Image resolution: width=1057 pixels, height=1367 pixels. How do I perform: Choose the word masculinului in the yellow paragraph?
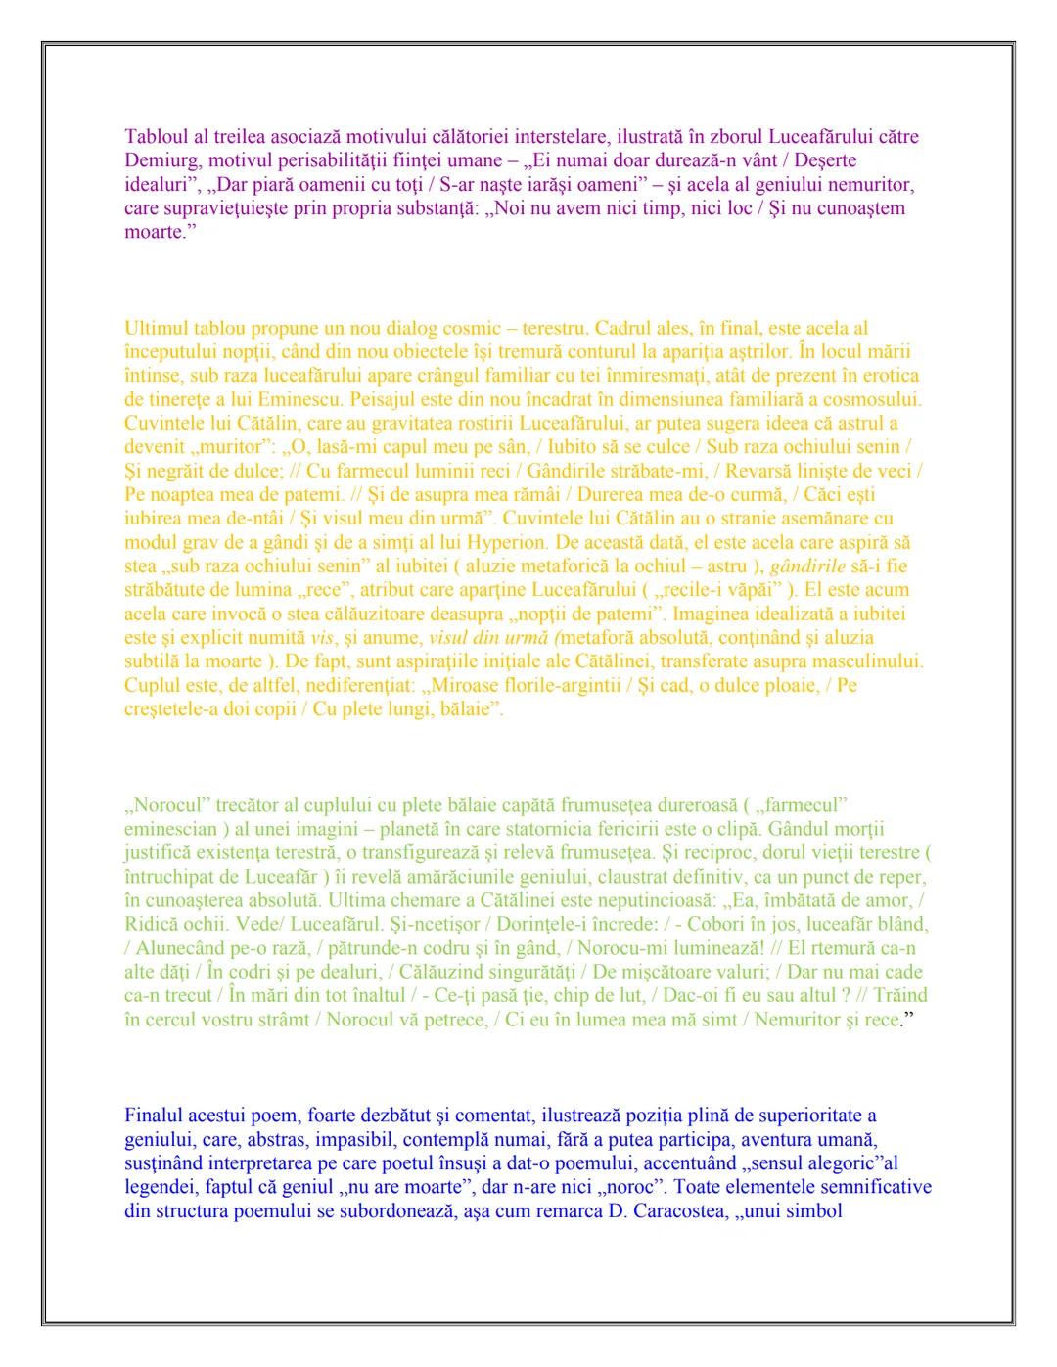pos(871,661)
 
